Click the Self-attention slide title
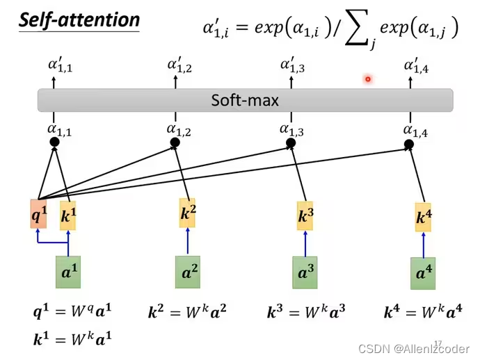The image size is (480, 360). [x=79, y=19]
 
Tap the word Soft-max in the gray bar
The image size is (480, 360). [x=245, y=100]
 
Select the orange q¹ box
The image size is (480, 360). [x=39, y=215]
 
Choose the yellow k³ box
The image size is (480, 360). [x=305, y=215]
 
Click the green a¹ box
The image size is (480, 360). [x=67, y=272]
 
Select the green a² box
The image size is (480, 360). [x=187, y=272]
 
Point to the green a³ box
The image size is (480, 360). [x=305, y=272]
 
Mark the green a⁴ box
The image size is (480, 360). [x=424, y=273]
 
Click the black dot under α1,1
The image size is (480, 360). [x=54, y=142]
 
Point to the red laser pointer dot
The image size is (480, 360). [x=367, y=79]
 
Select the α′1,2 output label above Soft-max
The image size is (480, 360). [x=180, y=66]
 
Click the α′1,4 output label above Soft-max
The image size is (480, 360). [x=417, y=66]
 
